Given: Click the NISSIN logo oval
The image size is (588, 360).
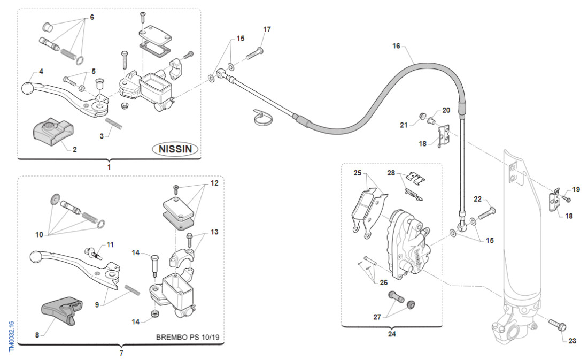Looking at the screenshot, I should click(175, 149).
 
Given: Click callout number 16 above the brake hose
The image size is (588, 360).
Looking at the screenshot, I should click(396, 46).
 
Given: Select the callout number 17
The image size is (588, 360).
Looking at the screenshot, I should click(267, 29).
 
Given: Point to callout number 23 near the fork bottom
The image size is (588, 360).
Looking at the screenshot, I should click(572, 341).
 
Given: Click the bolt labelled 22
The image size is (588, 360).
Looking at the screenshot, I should click(487, 214).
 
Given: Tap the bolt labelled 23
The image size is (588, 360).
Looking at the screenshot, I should click(558, 324).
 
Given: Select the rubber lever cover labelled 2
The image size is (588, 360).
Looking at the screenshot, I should click(52, 132).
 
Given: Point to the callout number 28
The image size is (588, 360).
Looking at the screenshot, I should click(391, 173).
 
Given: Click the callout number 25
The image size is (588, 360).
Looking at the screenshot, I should click(358, 173).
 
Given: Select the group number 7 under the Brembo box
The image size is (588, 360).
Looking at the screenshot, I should click(121, 353).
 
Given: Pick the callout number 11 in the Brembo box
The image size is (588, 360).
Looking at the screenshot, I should click(110, 244).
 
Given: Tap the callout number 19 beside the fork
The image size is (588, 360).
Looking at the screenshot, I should click(576, 189).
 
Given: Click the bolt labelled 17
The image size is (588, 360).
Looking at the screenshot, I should click(255, 53).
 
